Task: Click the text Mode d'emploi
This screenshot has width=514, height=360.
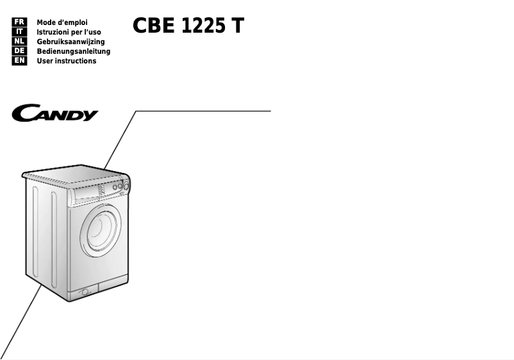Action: tap(62, 22)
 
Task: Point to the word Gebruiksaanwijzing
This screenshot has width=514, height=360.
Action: tap(70, 42)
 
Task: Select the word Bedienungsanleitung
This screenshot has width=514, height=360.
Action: tap(73, 51)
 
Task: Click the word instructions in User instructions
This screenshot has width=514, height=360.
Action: tap(76, 61)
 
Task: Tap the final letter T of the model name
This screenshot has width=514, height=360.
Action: tap(238, 26)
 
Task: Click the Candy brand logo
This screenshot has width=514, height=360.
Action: tap(55, 115)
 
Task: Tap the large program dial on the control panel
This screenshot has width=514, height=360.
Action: tap(126, 186)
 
